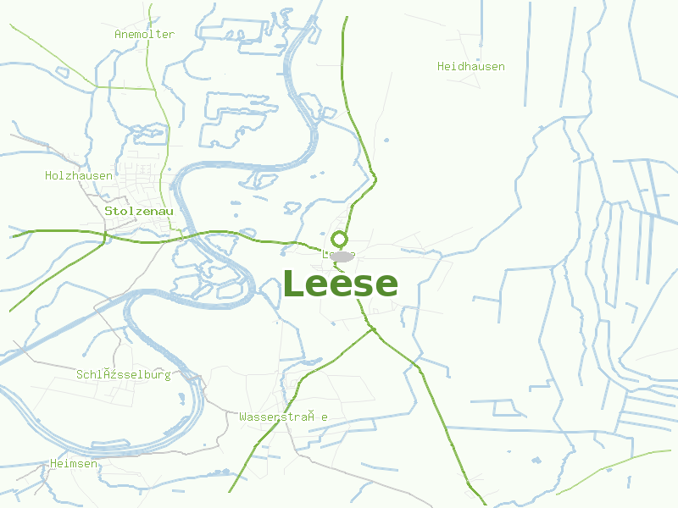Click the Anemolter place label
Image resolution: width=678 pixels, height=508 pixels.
point(144,35)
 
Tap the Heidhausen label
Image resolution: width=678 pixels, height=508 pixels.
point(470,66)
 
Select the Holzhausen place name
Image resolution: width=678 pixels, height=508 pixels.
point(79,176)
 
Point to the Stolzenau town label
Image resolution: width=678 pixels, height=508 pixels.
point(139,211)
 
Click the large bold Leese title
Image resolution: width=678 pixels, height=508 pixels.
point(340,284)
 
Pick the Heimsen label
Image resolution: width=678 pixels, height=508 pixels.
point(74,464)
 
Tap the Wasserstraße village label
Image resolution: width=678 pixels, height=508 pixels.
point(283,417)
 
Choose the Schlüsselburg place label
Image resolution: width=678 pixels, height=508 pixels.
point(124,374)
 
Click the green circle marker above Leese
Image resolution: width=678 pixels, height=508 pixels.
point(339,240)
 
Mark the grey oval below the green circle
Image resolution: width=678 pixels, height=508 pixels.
point(342,256)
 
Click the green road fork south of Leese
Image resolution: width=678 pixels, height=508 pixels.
point(373,329)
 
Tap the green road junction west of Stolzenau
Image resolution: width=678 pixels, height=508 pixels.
point(104,235)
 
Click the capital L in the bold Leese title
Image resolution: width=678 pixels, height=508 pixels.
point(293,284)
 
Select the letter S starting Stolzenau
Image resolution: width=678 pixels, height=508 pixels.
point(108,211)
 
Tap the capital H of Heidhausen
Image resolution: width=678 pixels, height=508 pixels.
point(441,66)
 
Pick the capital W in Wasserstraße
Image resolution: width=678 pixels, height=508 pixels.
point(243,417)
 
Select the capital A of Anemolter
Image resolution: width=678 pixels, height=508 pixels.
point(118,35)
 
